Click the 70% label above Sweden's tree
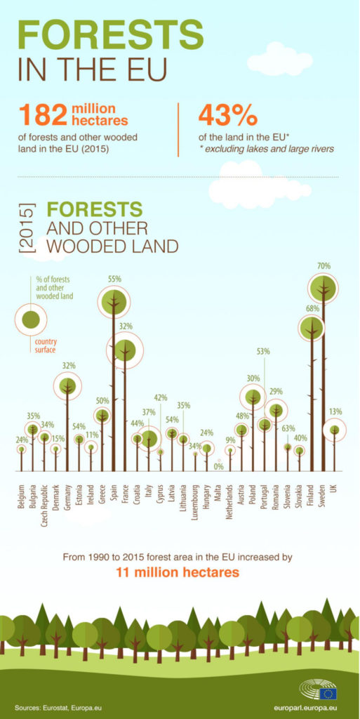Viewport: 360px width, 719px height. (324, 266)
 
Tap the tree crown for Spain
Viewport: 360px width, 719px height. (114, 301)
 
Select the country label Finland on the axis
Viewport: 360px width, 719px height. (312, 497)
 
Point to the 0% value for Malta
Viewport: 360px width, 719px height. (218, 467)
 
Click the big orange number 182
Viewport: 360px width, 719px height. (43, 114)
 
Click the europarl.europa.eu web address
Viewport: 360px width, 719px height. (305, 708)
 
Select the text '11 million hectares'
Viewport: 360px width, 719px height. (178, 572)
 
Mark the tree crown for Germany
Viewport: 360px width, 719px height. (67, 386)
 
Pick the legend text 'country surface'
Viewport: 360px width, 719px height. (46, 345)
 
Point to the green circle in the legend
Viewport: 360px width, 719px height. (31, 319)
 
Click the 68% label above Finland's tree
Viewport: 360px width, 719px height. (312, 309)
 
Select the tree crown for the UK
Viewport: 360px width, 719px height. (335, 430)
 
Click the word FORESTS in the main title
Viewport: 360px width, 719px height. (111, 35)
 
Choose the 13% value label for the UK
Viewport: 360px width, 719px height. (335, 411)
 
